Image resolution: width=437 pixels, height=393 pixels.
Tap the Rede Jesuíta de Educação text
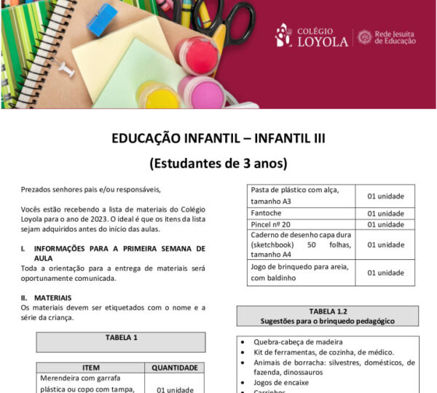tap(395, 36)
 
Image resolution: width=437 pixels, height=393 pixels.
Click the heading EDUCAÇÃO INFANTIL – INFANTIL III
tap(218, 138)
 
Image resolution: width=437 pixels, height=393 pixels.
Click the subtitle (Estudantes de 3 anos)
tap(218, 162)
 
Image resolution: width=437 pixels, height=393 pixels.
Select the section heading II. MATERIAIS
tap(47, 298)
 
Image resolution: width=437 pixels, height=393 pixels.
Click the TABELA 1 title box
tap(121, 338)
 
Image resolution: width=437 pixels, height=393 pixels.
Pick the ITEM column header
tap(92, 368)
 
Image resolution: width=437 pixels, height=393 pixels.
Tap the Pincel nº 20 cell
tap(271, 224)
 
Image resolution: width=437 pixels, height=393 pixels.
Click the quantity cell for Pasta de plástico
tap(385, 196)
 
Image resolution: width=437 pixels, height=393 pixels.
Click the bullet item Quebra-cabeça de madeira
tap(298, 342)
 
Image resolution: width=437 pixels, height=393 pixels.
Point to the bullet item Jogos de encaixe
tap(281, 382)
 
